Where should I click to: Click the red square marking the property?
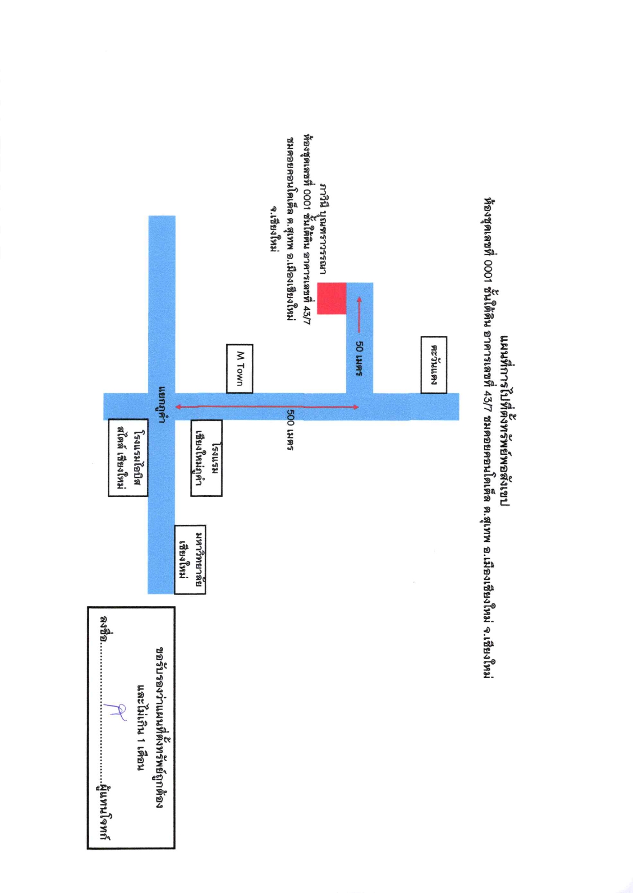point(331,298)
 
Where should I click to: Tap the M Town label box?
point(240,369)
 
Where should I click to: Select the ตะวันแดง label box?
point(434,365)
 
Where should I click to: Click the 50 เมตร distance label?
point(360,360)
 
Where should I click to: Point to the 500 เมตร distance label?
point(289,430)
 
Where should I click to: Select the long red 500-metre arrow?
point(267,407)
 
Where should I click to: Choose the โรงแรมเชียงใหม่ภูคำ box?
point(206,458)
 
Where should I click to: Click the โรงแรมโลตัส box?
point(128,458)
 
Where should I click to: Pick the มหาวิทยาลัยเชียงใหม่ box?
point(190,559)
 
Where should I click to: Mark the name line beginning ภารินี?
point(322,228)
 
